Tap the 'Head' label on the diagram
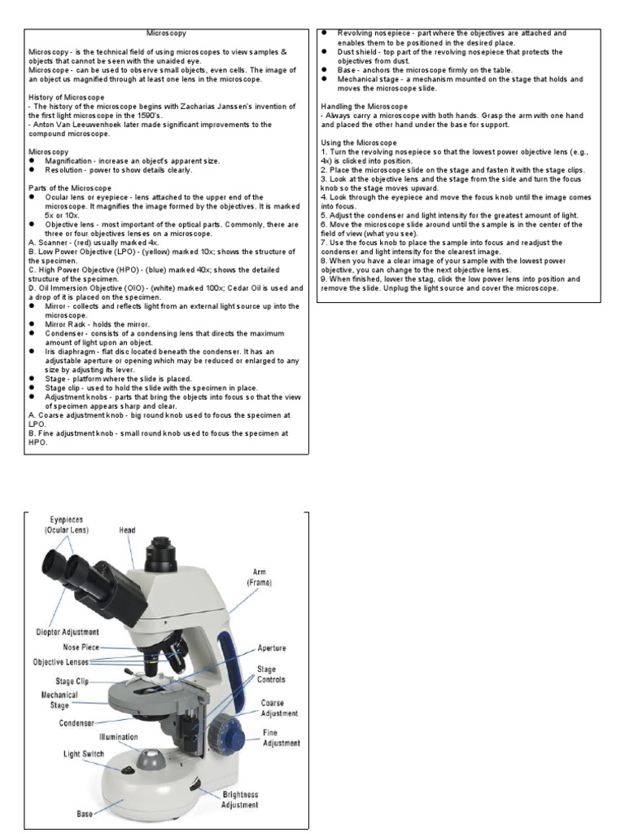pyautogui.click(x=128, y=529)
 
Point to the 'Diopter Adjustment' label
pyautogui.click(x=67, y=631)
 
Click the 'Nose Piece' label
pyautogui.click(x=82, y=648)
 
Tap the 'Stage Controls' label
pyautogui.click(x=271, y=674)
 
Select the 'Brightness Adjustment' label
pyautogui.click(x=239, y=799)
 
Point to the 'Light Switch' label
pyautogui.click(x=84, y=754)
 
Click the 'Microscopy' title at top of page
pyautogui.click(x=165, y=34)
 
